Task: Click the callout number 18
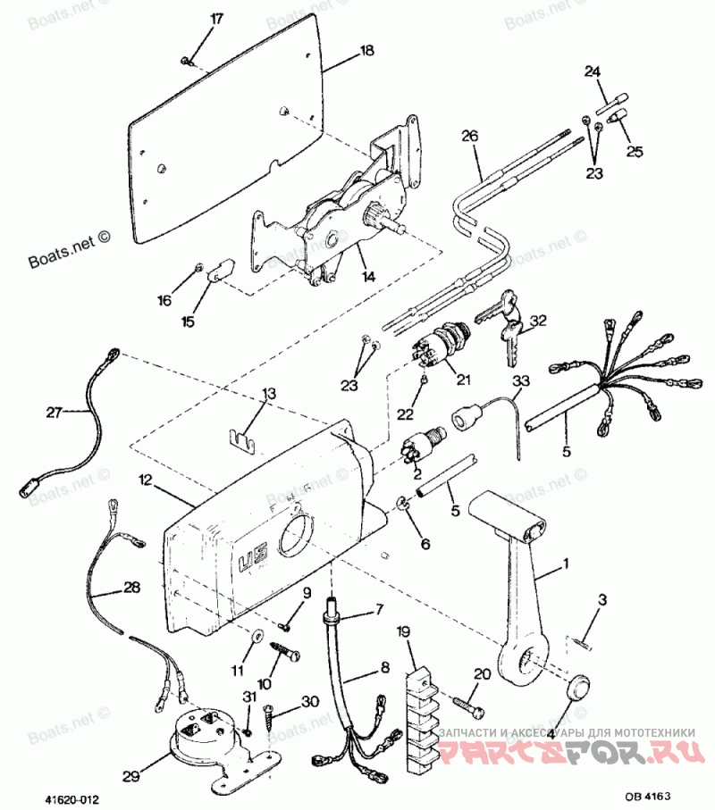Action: pos(366,52)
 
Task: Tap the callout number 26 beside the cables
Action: pos(470,136)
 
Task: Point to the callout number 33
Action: pos(520,381)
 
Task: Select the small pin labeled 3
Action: pos(583,636)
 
